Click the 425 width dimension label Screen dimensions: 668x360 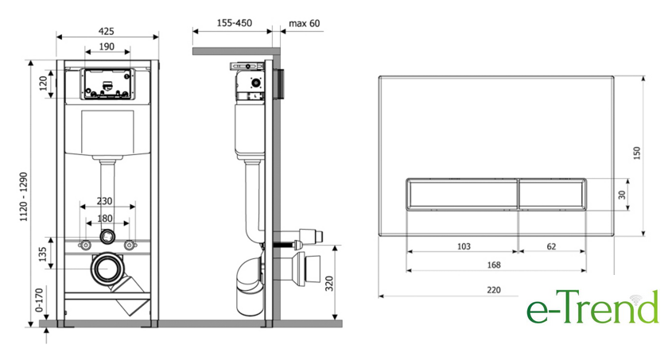click(x=106, y=31)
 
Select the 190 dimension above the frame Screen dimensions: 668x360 click(x=107, y=46)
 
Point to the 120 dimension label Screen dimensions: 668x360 click(x=44, y=83)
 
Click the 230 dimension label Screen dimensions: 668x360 click(x=104, y=201)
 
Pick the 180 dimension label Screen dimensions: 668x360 click(x=105, y=218)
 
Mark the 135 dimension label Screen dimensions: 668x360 click(x=43, y=254)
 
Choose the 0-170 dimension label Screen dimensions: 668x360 click(x=39, y=300)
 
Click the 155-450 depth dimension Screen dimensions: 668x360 click(x=235, y=23)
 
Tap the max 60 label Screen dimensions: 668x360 click(x=304, y=23)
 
